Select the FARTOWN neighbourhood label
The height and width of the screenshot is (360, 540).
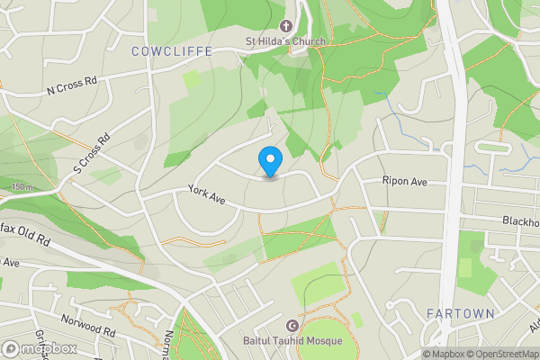tap(460, 313)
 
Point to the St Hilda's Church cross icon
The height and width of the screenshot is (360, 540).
tap(288, 27)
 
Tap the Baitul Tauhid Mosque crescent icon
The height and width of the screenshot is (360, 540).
tap(291, 326)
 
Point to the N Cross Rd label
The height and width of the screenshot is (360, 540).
tap(71, 86)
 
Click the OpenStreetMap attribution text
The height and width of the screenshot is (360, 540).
tap(501, 354)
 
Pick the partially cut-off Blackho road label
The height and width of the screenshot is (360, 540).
tap(521, 221)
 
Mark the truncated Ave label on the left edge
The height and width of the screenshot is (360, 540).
tap(10, 263)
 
